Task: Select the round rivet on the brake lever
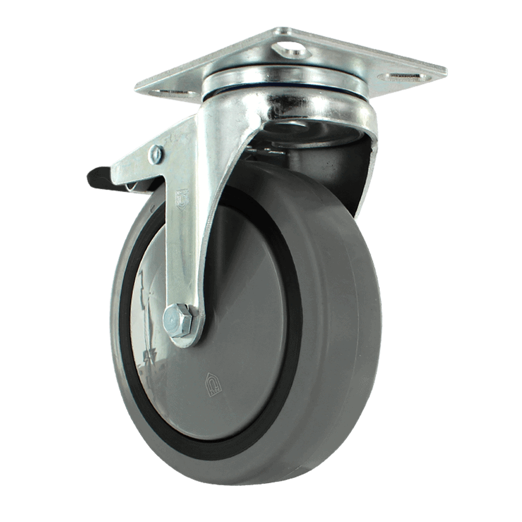[156, 154]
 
